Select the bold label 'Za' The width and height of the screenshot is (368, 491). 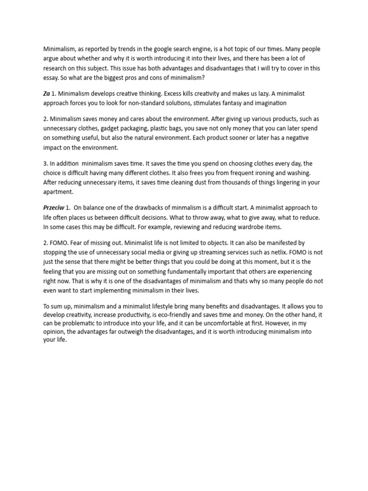click(x=47, y=94)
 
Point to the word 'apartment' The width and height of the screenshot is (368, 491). click(x=58, y=191)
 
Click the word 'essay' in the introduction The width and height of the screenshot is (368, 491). click(x=53, y=77)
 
